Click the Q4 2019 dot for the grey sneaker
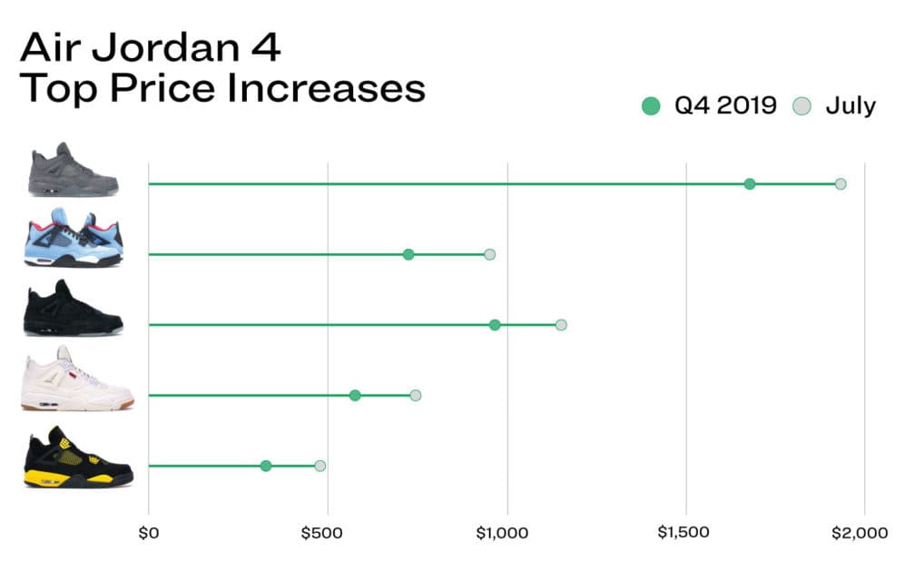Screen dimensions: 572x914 click(x=750, y=184)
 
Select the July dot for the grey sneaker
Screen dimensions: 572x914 click(x=840, y=184)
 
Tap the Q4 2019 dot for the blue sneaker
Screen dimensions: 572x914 click(x=408, y=254)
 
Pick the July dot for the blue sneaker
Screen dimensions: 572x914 click(x=490, y=254)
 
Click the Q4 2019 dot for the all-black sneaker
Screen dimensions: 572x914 click(x=495, y=325)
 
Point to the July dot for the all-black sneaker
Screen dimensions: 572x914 click(x=561, y=325)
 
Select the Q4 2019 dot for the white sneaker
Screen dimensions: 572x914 click(x=355, y=395)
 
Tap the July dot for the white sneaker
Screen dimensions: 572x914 click(x=416, y=395)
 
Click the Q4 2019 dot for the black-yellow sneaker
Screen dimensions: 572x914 click(x=266, y=466)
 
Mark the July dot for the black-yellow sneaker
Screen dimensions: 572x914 click(x=319, y=466)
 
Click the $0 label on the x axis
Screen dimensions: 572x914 click(x=148, y=533)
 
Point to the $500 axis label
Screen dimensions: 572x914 click(x=324, y=533)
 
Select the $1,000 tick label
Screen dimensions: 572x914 click(x=502, y=533)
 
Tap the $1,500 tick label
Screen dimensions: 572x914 click(x=682, y=533)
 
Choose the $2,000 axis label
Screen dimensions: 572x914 click(x=859, y=533)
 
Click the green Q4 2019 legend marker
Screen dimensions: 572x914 click(x=650, y=106)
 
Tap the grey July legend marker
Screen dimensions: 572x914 click(x=800, y=106)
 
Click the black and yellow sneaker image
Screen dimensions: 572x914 click(x=79, y=458)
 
